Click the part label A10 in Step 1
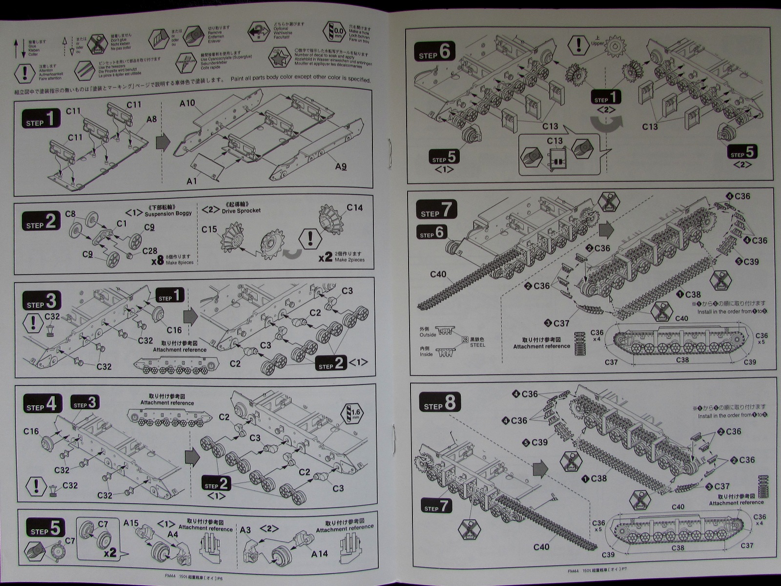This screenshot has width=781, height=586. [187, 104]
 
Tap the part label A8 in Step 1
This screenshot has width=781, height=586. [151, 119]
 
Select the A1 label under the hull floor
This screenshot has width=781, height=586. [192, 181]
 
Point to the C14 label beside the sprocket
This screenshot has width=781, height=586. [354, 208]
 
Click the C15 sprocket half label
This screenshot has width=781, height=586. [209, 229]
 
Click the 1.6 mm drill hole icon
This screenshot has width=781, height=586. [354, 413]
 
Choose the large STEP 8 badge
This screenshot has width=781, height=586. [439, 404]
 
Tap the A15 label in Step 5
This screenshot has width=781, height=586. [131, 523]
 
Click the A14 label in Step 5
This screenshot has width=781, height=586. [320, 553]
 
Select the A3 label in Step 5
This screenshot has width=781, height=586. [245, 530]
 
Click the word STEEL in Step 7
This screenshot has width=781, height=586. [477, 345]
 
